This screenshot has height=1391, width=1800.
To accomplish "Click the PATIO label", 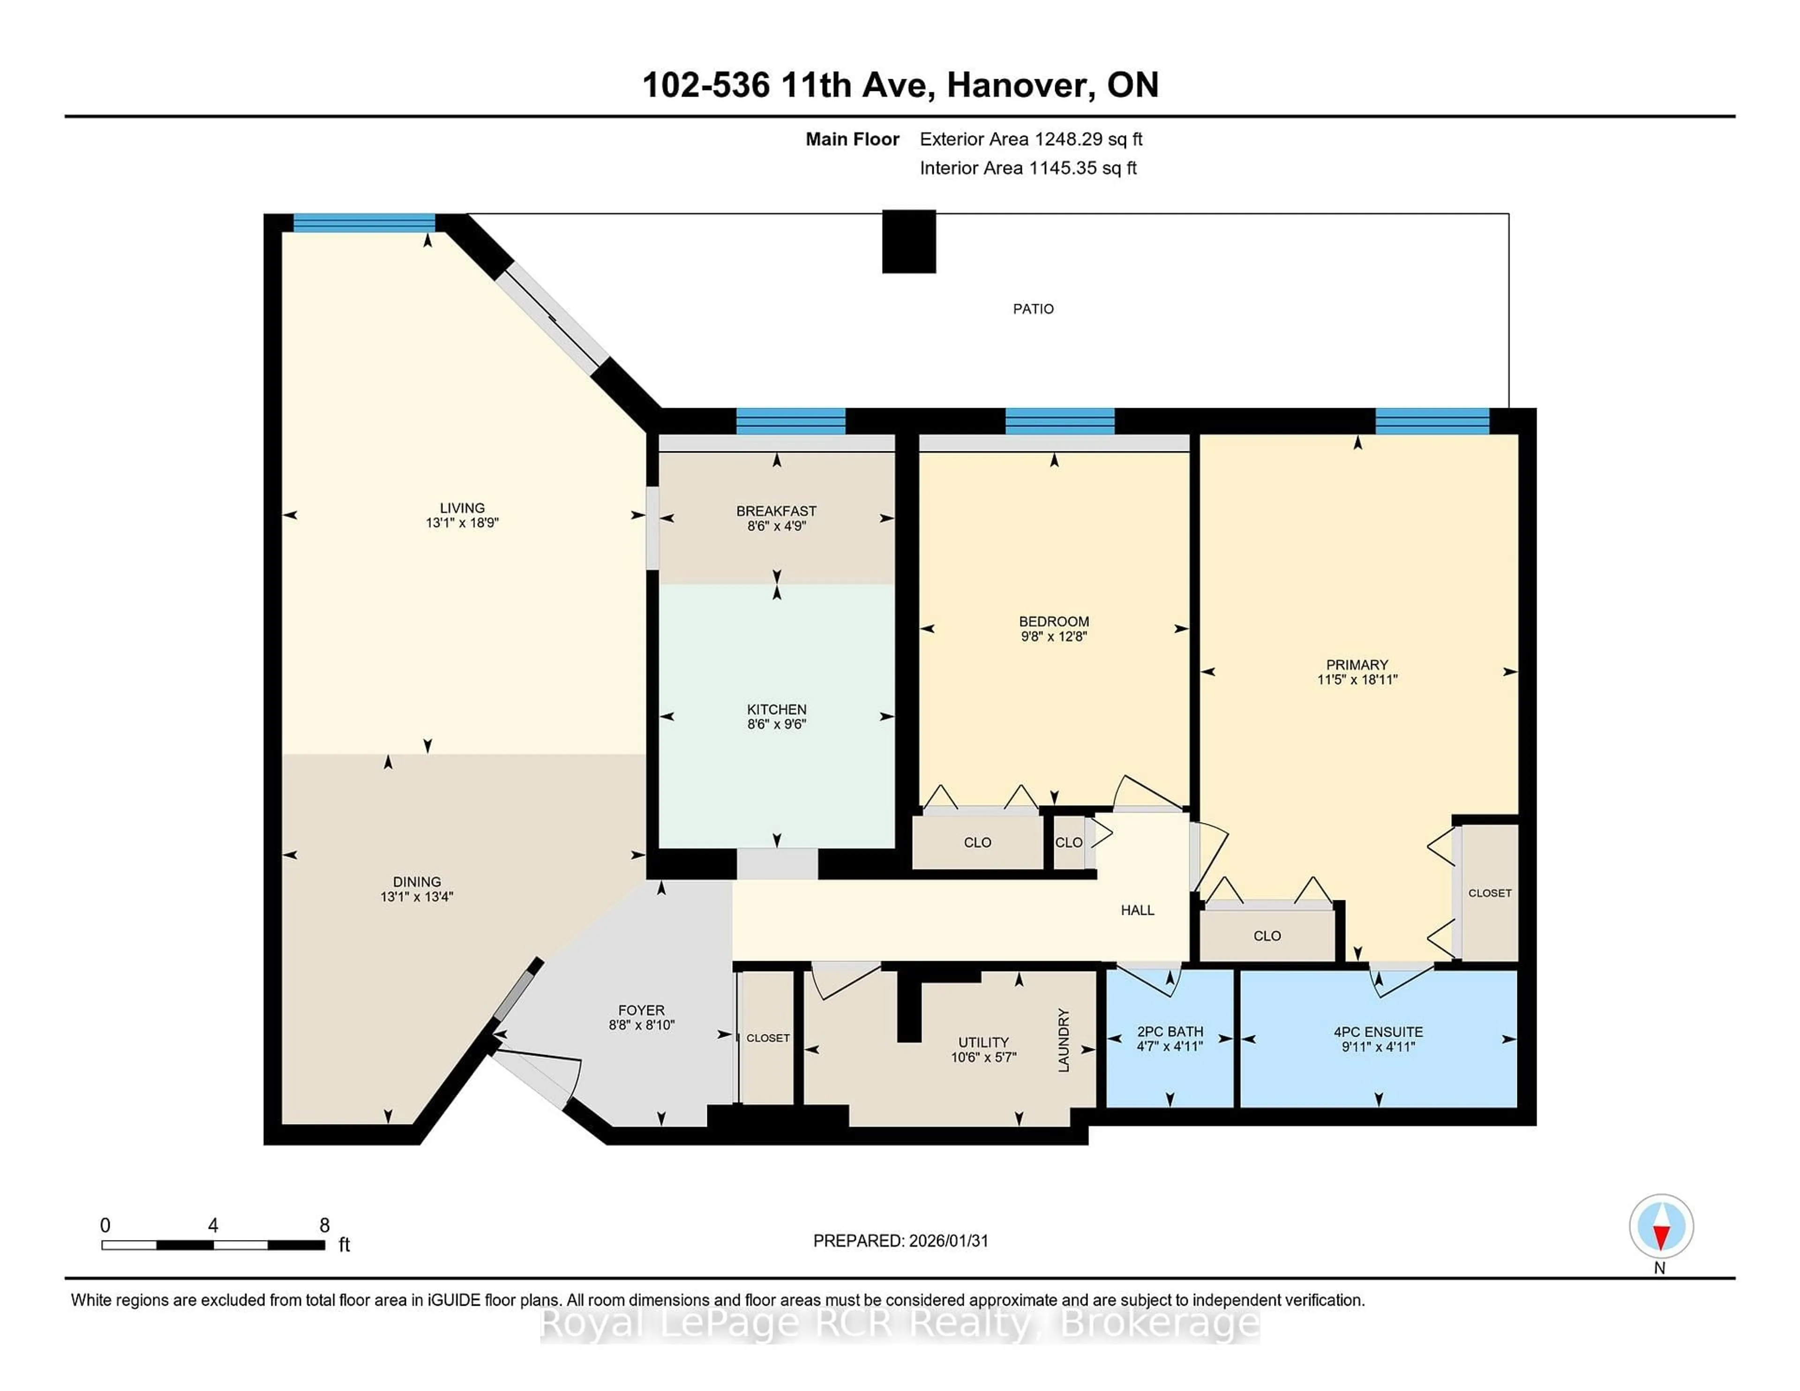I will tap(1033, 309).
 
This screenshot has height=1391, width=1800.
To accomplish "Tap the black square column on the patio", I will tap(908, 241).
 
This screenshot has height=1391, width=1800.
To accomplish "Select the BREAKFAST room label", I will tap(776, 511).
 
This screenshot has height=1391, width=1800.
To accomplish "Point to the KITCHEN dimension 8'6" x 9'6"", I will tap(776, 725).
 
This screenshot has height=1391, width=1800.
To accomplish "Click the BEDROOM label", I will tap(1053, 621).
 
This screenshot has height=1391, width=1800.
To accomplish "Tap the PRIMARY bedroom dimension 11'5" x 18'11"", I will tap(1357, 680).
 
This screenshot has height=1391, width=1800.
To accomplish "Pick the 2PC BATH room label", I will tap(1170, 1032).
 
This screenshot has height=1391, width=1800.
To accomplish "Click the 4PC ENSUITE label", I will tap(1378, 1032).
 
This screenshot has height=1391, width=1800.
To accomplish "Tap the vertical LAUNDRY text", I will tap(1063, 1040).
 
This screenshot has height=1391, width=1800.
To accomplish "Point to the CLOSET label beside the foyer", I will tap(767, 1038).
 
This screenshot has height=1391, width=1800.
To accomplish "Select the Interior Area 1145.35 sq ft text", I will tap(1028, 168).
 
